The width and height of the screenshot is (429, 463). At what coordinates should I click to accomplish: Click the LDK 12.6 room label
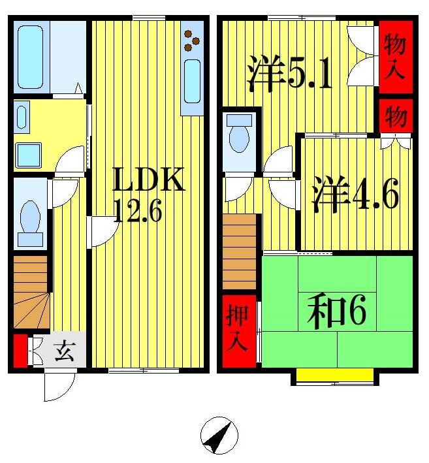(150, 195)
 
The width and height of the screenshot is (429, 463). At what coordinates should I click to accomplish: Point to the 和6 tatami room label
(337, 313)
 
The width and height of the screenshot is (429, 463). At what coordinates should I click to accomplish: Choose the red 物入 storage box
(395, 57)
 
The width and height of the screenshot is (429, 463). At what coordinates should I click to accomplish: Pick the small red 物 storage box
(395, 117)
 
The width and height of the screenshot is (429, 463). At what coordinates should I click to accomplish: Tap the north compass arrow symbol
(219, 436)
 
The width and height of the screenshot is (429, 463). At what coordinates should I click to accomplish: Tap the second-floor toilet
(240, 136)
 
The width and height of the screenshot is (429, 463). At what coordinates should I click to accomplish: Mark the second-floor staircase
(239, 251)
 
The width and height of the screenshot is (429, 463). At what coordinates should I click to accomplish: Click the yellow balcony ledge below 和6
(335, 375)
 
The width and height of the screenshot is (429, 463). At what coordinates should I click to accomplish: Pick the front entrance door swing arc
(57, 387)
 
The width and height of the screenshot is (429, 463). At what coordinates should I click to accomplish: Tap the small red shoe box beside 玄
(20, 351)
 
